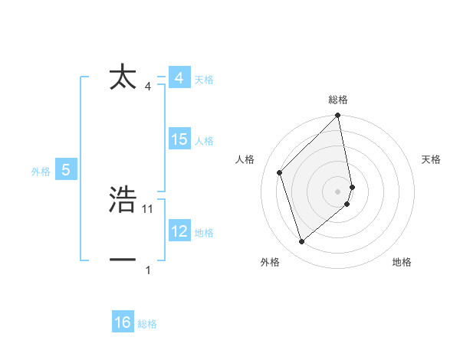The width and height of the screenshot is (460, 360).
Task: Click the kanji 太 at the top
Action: pos(123,77)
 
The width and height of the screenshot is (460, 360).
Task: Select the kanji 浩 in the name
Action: pos(123,200)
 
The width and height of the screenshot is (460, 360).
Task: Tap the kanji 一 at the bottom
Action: pos(123,260)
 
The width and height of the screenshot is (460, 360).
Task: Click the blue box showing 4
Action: pos(179,78)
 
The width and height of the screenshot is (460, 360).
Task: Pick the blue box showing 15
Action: pos(179,139)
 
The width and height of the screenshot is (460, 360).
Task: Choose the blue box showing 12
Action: pos(179,231)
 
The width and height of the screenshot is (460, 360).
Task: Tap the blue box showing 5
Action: pos(66,170)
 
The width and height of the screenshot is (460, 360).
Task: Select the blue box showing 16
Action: pos(123,322)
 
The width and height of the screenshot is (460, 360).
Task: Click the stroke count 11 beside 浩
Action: pos(148,208)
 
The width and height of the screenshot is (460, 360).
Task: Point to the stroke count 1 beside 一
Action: pos(148,270)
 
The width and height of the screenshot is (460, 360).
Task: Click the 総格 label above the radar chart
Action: pos(338,100)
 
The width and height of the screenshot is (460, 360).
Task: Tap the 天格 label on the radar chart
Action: pos(432,159)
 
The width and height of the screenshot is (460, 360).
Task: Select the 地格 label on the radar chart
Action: pos(402,262)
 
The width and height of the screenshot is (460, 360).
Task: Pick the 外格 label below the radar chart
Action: pos(270,262)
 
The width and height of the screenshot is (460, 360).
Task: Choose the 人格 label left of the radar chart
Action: pos(245,159)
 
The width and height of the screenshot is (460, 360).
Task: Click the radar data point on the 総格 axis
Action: pos(338,116)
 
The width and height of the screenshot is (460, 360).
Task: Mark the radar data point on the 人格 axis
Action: pos(280,172)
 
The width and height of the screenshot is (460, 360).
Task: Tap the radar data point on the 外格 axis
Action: pos(301,242)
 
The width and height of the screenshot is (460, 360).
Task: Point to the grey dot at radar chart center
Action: pos(338,191)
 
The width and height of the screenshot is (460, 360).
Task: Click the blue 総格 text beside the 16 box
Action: pos(147,324)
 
